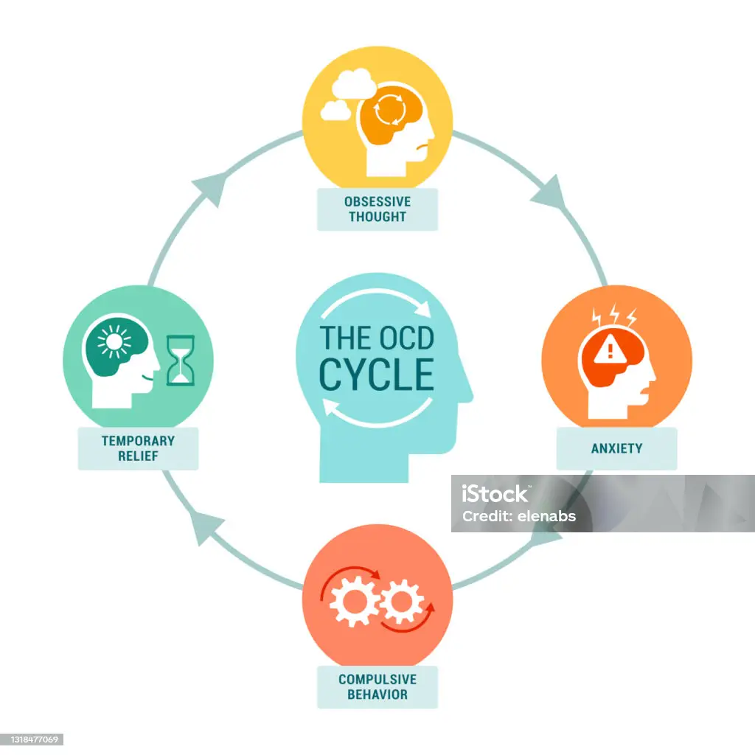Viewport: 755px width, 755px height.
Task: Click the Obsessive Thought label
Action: [377, 209]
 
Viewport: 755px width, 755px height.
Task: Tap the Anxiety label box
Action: [616, 448]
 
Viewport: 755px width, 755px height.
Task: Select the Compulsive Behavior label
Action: [377, 687]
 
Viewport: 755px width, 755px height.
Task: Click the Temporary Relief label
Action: [138, 448]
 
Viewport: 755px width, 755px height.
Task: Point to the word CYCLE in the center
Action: [376, 374]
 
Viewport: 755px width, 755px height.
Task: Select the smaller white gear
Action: [402, 602]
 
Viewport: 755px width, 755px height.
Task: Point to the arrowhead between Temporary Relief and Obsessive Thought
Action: [207, 189]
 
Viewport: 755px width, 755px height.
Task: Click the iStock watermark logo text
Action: [495, 494]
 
